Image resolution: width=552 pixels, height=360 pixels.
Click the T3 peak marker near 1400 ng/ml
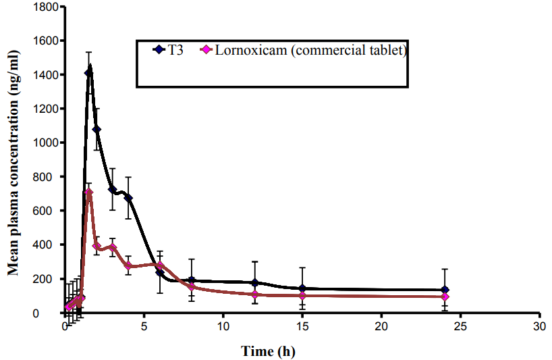point(88,73)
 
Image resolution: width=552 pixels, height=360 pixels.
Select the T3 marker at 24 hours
point(445,290)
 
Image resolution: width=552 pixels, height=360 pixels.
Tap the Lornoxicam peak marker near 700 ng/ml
point(88,192)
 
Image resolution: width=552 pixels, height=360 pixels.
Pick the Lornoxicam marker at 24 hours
point(445,297)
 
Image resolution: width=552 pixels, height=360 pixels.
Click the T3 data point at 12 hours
point(255,282)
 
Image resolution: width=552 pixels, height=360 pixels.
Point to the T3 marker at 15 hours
point(302,288)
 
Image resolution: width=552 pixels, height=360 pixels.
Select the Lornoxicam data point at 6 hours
point(160,265)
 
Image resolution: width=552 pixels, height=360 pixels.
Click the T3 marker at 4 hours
point(128,198)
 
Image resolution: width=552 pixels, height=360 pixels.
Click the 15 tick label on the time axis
point(302,326)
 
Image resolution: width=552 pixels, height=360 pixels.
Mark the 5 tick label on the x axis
point(144,326)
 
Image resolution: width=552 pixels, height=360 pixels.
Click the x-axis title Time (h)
point(268,351)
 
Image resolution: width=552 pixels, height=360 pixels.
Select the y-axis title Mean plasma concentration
point(13,160)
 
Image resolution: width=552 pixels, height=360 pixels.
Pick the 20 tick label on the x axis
point(381,326)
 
